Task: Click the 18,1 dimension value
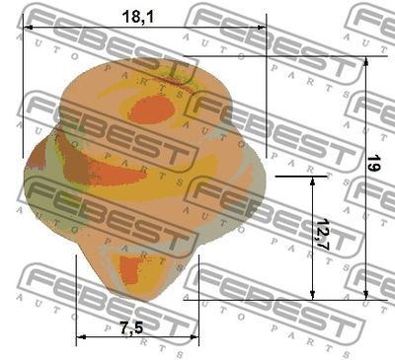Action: pos(137,17)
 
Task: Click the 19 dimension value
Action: pos(373,163)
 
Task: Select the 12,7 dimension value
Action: pos(322,235)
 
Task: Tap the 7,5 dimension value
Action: pos(131,328)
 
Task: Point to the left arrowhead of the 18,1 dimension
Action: pos(28,28)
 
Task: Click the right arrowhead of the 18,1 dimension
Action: pos(262,28)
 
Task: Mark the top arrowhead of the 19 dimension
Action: pos(366,61)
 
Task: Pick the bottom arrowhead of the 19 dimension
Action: pos(366,295)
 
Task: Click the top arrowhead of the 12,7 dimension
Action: pos(313,181)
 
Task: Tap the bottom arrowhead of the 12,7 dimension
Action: pos(313,295)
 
